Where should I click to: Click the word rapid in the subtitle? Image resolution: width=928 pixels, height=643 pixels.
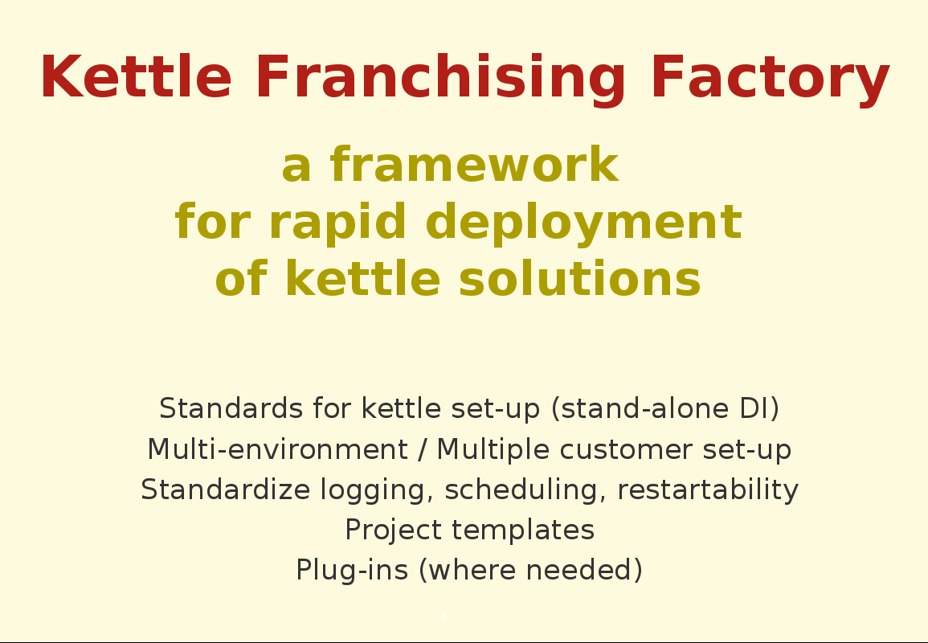coord(337,223)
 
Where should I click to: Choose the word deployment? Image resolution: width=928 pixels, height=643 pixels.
coord(583,223)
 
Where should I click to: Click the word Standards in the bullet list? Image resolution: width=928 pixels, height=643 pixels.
coord(231,408)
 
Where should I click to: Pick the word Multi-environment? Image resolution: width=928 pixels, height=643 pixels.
coord(277,448)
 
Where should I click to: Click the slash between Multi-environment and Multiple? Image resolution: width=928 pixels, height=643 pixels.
coord(422,449)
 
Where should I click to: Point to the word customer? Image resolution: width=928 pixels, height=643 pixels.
coord(626,449)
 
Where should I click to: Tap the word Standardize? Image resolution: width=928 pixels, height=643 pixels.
coord(226,489)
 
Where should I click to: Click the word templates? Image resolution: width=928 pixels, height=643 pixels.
coord(523,530)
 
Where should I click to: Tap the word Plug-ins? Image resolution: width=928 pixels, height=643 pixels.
coord(352,571)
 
